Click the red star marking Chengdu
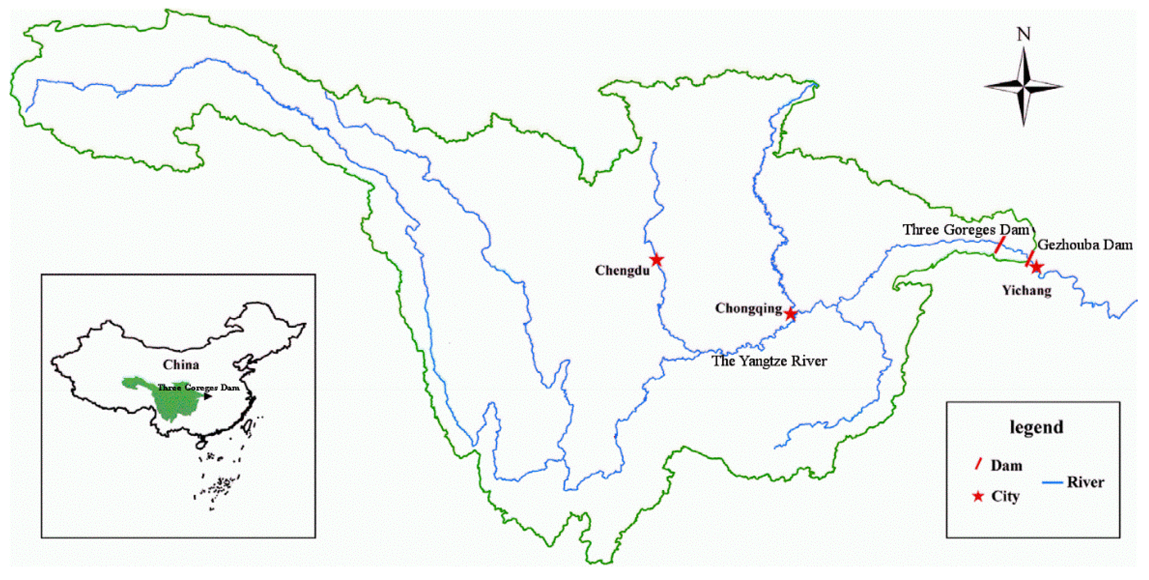click(x=657, y=259)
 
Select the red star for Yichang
click(x=1036, y=267)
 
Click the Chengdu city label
click(x=622, y=271)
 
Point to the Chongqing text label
click(x=748, y=309)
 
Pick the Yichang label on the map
click(x=1027, y=291)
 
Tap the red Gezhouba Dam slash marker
click(x=1030, y=259)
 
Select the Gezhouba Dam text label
click(x=1085, y=245)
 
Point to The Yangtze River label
click(x=769, y=361)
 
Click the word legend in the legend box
click(x=1036, y=427)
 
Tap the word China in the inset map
click(x=181, y=365)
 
